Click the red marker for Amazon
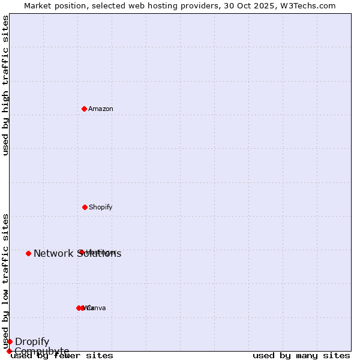(85, 109)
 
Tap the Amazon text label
(101, 109)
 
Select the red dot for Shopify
(85, 207)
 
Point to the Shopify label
(101, 207)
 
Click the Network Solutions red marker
(28, 253)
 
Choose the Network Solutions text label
(77, 253)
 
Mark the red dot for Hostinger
(81, 252)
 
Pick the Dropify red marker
(10, 341)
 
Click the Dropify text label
(32, 341)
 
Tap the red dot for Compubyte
(9, 351)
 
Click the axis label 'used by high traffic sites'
(5, 85)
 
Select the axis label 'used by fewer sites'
(62, 355)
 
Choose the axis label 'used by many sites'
(301, 355)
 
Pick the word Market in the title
(38, 5)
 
